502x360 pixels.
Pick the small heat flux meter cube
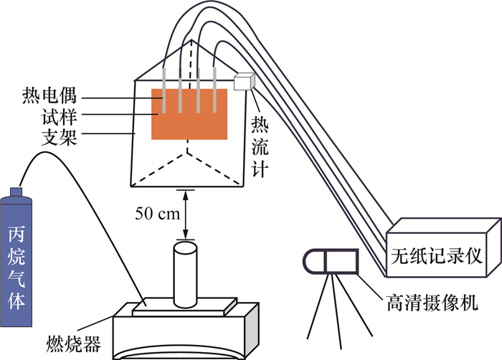pos(245,82)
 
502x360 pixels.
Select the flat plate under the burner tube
pos(184,306)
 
